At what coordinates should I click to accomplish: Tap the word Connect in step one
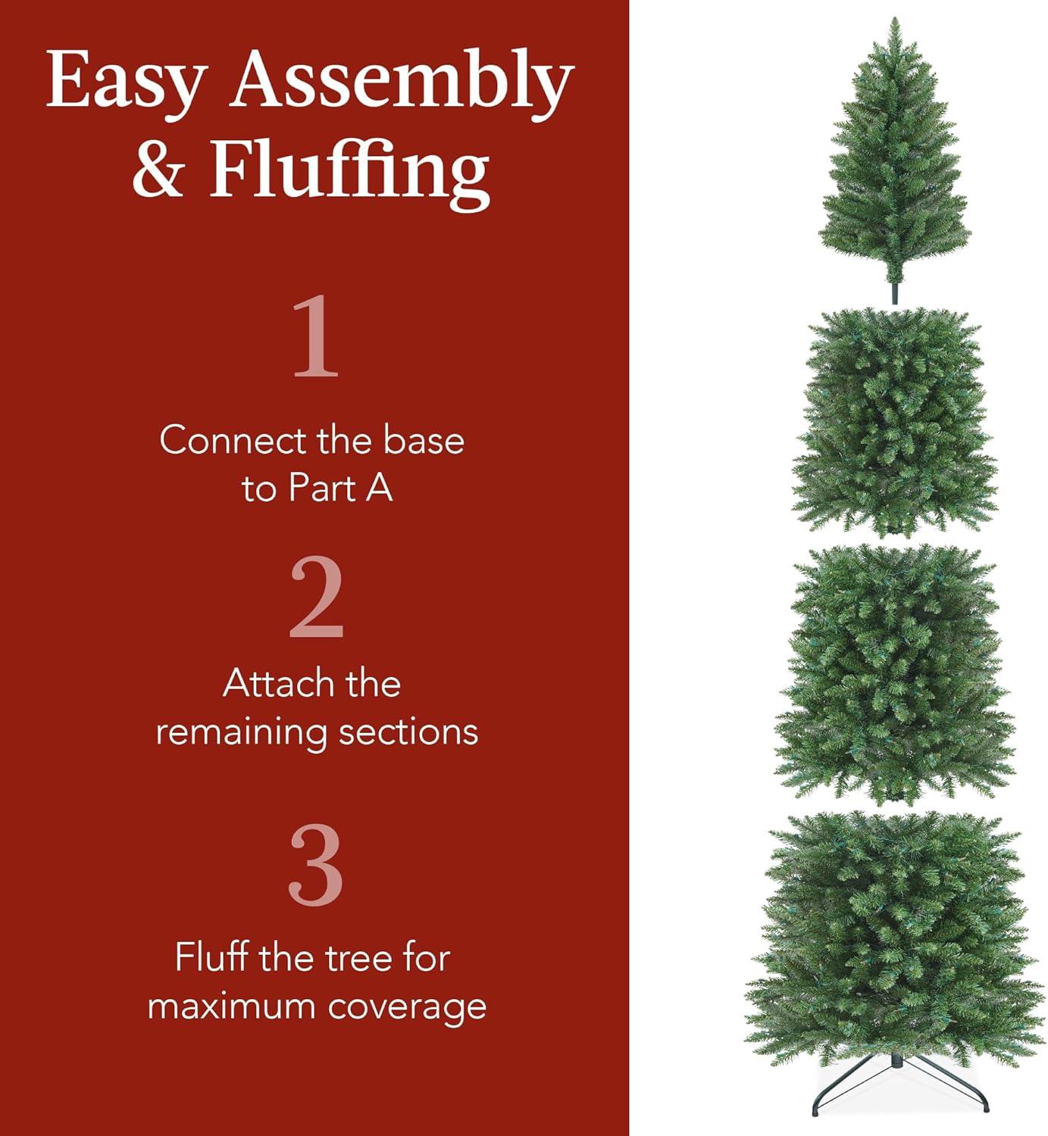click(233, 441)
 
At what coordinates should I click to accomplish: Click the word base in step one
click(423, 441)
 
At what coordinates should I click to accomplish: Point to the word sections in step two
click(408, 732)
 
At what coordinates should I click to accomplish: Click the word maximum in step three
click(233, 1008)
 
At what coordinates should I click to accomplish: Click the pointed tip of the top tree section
click(895, 18)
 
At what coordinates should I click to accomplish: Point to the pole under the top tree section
click(895, 288)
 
